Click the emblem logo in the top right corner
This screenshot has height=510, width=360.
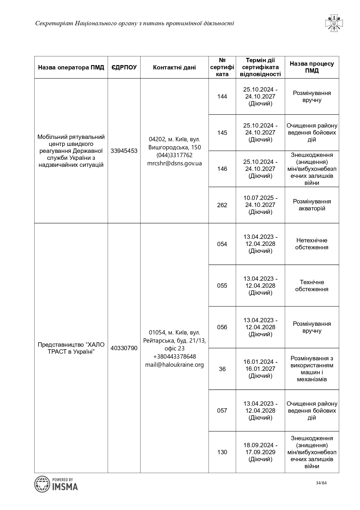[x=334, y=23]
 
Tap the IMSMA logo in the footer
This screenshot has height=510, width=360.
[x=56, y=484]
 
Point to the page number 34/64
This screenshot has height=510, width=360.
[x=321, y=483]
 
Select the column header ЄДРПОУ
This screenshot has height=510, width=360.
[x=124, y=67]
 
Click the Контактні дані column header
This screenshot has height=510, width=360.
[x=174, y=67]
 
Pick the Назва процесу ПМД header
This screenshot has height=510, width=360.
[x=312, y=67]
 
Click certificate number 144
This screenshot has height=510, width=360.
[x=222, y=96]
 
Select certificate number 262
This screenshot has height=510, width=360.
[x=222, y=205]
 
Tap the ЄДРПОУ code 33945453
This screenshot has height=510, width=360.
[x=124, y=151]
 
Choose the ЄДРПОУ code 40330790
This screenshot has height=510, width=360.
[x=124, y=348]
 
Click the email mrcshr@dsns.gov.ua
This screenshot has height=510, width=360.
[x=174, y=163]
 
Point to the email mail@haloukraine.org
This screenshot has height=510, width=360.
[x=174, y=365]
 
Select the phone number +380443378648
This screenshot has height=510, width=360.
[x=174, y=357]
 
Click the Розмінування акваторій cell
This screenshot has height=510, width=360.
[x=312, y=205]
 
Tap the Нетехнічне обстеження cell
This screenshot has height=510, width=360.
[x=312, y=244]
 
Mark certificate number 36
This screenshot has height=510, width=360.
[x=222, y=369]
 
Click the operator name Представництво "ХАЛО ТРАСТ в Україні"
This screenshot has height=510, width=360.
[x=71, y=348]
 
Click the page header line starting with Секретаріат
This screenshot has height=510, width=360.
[x=134, y=23]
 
